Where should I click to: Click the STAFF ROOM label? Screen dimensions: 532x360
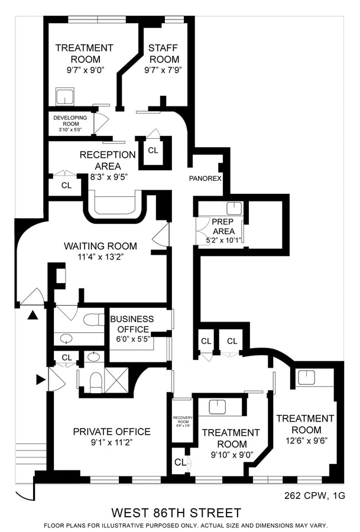164,54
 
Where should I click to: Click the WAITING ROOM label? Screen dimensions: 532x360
100,246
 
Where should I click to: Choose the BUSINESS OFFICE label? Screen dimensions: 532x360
131,325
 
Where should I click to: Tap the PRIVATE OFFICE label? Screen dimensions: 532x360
111,432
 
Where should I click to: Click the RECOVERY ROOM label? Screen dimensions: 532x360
180,420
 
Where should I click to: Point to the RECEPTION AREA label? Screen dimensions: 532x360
108,160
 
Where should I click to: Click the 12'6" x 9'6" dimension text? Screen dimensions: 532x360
305,440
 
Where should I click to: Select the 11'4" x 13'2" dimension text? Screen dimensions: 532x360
100,257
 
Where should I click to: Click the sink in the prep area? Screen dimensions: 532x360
235,207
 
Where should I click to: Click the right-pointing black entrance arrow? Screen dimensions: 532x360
40,379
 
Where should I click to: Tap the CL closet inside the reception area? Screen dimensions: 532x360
153,151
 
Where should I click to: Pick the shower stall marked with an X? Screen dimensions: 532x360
116,379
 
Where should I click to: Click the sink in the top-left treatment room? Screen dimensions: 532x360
63,96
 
